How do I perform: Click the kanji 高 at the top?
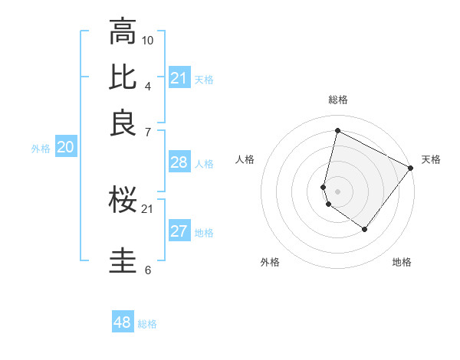123,31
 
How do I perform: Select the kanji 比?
123,77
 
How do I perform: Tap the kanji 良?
123,123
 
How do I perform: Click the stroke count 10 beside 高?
148,40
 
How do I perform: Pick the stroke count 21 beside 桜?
148,208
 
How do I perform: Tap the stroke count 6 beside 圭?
148,270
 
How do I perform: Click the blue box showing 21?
179,78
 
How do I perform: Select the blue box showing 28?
179,162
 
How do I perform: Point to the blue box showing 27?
179,231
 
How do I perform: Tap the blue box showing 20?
65,148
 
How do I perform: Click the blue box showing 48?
123,322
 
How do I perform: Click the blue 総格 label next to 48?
147,324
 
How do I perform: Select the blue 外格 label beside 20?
41,149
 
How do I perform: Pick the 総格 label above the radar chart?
338,100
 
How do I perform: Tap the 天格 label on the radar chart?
431,159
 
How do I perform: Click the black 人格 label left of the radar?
245,159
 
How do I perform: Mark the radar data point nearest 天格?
411,169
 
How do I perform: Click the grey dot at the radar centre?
338,191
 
